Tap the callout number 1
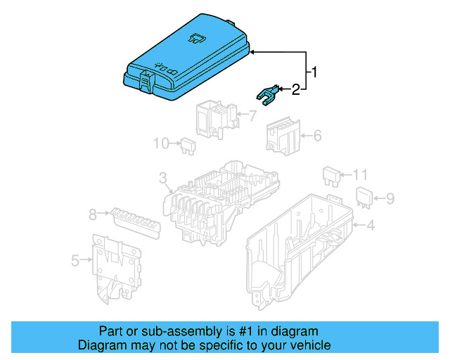click(x=316, y=72)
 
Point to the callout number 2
click(x=296, y=89)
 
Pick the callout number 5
click(x=75, y=260)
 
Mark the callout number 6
click(x=317, y=134)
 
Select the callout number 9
click(x=391, y=198)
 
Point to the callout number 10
click(x=161, y=143)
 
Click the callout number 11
click(x=360, y=174)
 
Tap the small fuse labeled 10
click(x=186, y=145)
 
